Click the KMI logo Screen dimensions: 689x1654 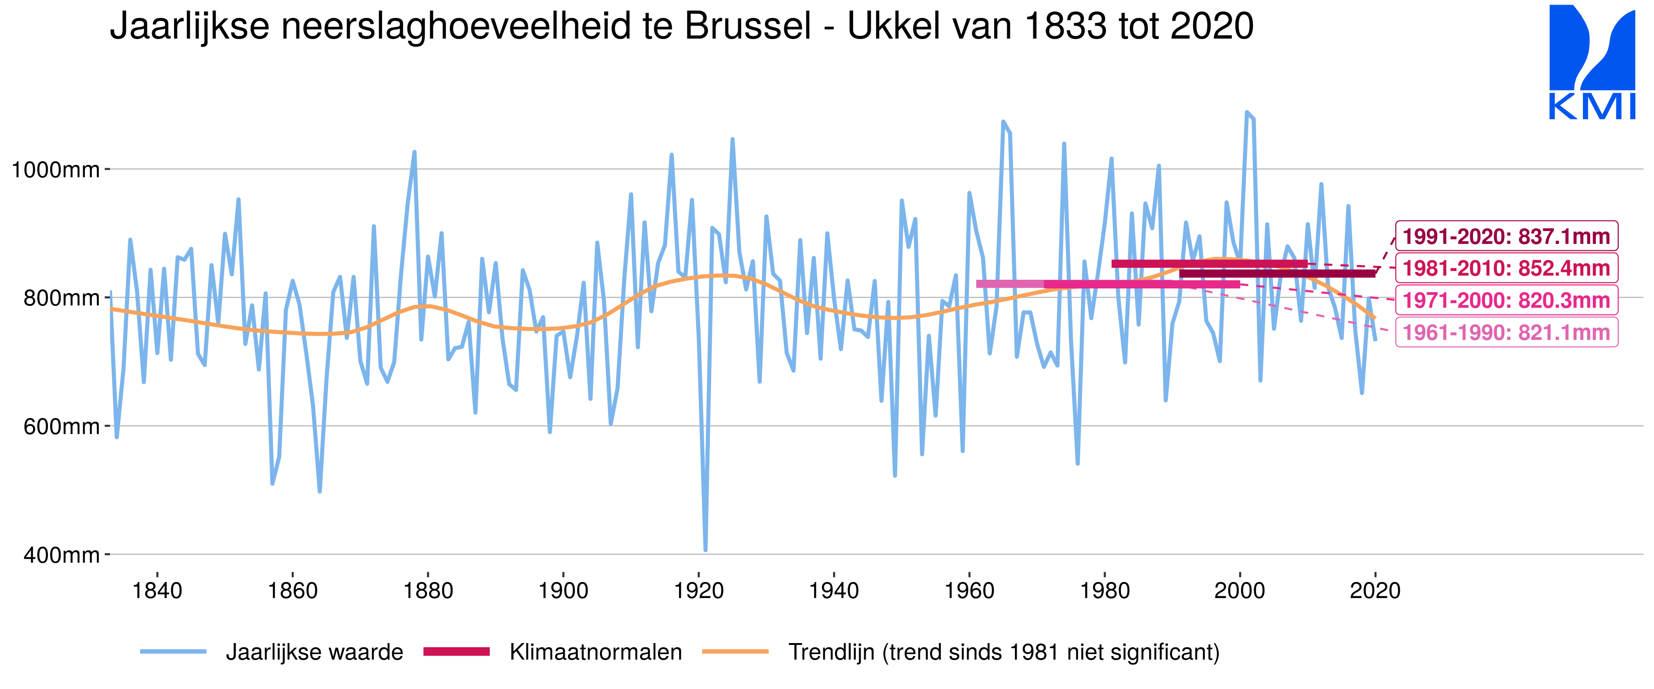[x=1592, y=62]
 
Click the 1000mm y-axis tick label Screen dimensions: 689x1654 [x=56, y=169]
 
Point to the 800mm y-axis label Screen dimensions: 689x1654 [x=62, y=298]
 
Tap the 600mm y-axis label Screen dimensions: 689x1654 [x=62, y=426]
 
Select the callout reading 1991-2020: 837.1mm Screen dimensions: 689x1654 [x=1507, y=236]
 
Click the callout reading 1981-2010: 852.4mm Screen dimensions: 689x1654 [x=1507, y=268]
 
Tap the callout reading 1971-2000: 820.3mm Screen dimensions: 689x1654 [x=1507, y=300]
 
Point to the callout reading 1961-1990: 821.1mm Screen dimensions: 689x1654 [x=1507, y=333]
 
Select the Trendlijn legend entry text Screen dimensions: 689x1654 [x=1003, y=652]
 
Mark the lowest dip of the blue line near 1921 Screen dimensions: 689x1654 [x=706, y=549]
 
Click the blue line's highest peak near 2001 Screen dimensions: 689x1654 [x=1247, y=113]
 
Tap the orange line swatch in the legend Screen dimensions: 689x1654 [x=735, y=652]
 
